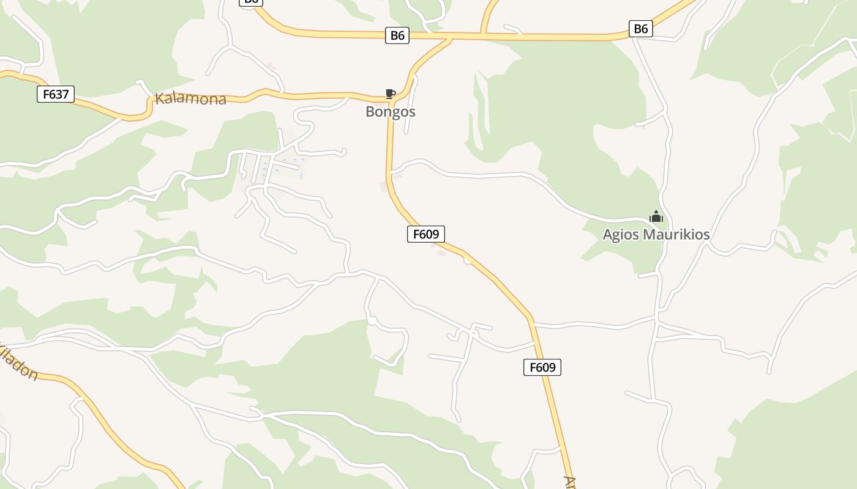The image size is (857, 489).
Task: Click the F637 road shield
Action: [x=56, y=94]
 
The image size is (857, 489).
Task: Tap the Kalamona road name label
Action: [x=190, y=98]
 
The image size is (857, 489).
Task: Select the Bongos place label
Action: [x=390, y=112]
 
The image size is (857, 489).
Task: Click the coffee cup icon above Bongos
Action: [x=390, y=94]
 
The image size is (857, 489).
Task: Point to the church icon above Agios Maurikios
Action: [x=656, y=216]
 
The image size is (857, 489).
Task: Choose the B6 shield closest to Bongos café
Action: [x=398, y=35]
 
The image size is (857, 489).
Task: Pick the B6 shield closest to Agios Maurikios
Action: [x=640, y=28]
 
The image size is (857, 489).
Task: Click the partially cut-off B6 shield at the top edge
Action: [x=250, y=2]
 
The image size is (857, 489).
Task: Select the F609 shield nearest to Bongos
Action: [x=425, y=233]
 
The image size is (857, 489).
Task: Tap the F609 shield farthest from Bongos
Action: [x=542, y=367]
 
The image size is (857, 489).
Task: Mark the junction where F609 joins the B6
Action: [x=451, y=39]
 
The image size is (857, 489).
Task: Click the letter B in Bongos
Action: [x=370, y=112]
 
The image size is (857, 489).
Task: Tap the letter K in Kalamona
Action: [x=160, y=97]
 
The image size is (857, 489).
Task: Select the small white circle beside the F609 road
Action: [x=468, y=261]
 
